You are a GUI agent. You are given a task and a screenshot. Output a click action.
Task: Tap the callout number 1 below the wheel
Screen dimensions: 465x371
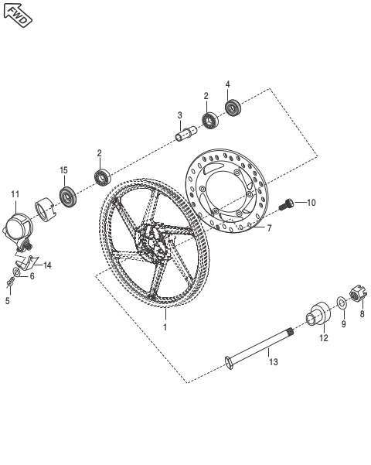coord(164,327)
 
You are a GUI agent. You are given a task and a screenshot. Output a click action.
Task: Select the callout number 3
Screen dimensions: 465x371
coord(179,115)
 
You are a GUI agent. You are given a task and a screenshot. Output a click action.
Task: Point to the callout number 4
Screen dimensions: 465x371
coord(227,84)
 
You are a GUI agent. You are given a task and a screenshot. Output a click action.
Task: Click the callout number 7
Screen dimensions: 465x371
coord(268,229)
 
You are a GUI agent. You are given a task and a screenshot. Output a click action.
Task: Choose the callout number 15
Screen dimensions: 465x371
coord(64,169)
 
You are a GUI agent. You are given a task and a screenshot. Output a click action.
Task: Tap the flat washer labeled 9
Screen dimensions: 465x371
coord(341,301)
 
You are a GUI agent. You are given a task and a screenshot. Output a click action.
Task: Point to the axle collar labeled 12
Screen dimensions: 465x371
coord(317,316)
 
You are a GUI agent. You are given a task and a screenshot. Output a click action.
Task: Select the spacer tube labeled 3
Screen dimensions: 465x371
coord(185,136)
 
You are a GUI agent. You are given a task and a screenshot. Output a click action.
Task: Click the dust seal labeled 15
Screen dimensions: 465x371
coord(69,197)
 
